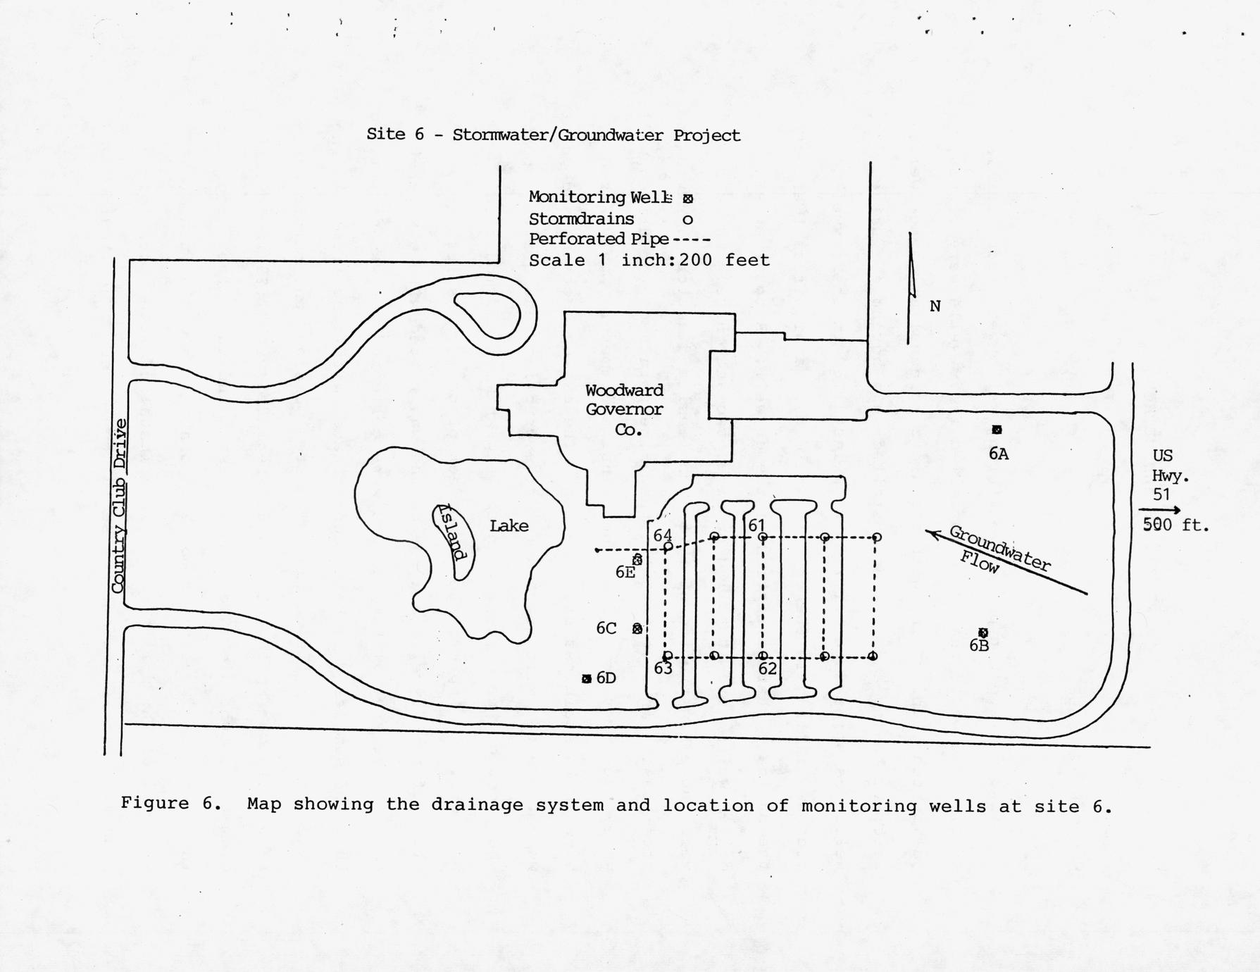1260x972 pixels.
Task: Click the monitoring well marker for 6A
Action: pos(997,430)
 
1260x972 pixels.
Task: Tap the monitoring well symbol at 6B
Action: pos(983,633)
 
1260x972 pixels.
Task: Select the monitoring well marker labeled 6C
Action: pos(637,629)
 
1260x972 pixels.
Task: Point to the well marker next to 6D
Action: pos(587,679)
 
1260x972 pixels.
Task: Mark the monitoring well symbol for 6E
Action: pos(637,560)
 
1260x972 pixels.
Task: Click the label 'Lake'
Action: pos(509,526)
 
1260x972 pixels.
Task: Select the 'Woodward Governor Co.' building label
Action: pos(625,409)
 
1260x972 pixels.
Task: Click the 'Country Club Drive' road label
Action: pos(120,506)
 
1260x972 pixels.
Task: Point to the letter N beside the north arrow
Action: pos(935,306)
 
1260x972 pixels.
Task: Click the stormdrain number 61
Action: pos(756,525)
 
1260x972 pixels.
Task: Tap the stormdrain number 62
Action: pos(767,668)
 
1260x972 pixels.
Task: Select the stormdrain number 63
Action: pos(663,668)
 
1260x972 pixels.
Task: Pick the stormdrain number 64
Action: pos(662,535)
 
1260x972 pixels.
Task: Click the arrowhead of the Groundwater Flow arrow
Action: pos(932,534)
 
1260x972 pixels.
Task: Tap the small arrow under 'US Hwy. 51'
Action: pos(1160,510)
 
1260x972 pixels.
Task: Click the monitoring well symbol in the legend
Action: pos(687,199)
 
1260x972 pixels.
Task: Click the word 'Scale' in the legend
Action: pos(556,261)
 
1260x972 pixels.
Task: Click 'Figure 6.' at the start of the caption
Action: pos(171,804)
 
